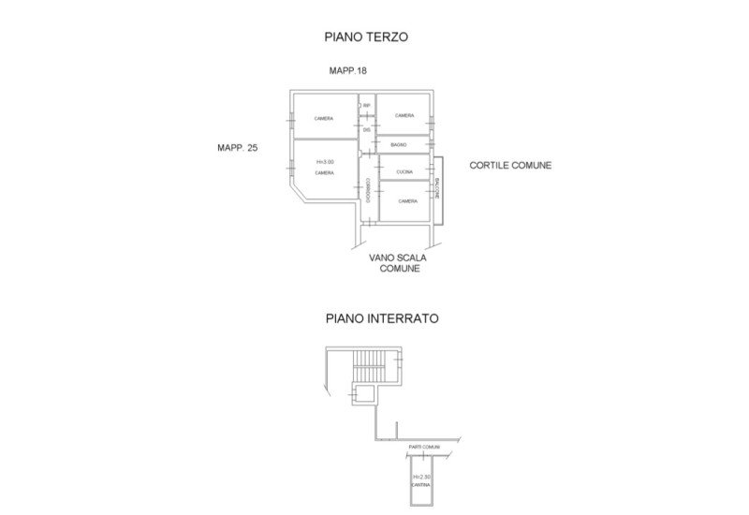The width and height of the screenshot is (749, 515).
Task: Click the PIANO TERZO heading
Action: [368, 37]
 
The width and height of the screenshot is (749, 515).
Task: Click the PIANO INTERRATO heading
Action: [382, 318]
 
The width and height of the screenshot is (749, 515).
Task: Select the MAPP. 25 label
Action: [237, 147]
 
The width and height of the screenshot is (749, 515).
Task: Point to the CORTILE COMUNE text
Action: [510, 166]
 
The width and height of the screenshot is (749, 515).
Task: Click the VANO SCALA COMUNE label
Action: [398, 260]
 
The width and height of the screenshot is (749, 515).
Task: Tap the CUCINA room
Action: [404, 172]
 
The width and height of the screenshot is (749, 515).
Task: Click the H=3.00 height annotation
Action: [325, 162]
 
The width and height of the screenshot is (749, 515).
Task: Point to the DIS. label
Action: [367, 129]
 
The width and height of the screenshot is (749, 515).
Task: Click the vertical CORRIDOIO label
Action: [369, 190]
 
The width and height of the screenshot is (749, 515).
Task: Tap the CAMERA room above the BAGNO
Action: [404, 116]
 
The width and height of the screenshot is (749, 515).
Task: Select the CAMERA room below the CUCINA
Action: [407, 201]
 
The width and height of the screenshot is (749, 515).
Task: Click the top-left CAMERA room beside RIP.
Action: [324, 119]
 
